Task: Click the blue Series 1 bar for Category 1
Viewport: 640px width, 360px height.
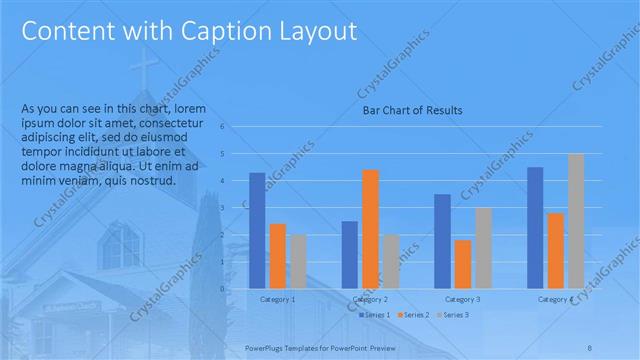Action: tap(257, 231)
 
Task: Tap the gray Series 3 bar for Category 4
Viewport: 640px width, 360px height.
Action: tap(576, 221)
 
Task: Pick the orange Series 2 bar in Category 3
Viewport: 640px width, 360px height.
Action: tap(463, 264)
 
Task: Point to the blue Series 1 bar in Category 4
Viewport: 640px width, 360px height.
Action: tap(535, 228)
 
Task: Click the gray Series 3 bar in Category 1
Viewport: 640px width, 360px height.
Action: tap(298, 262)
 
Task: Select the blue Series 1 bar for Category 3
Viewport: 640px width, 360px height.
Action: tap(442, 241)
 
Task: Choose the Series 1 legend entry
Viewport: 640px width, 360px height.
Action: tap(375, 315)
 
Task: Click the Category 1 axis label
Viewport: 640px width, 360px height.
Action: tap(277, 299)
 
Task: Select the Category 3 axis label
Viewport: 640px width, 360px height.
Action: tap(463, 299)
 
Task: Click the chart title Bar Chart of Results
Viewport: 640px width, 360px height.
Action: tap(412, 110)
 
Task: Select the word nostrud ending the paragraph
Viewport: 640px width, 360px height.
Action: tap(154, 181)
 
